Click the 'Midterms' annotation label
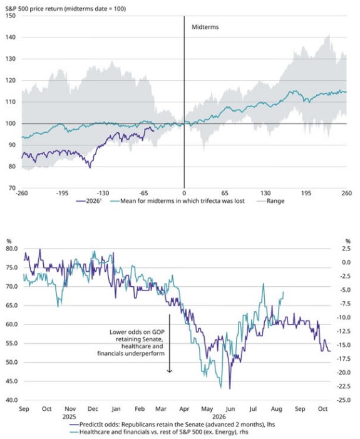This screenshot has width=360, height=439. tap(205, 27)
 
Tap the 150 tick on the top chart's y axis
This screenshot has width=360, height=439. tap(11, 16)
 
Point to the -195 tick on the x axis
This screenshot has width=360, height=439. tap(62, 193)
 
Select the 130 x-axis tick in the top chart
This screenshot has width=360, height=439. tap(265, 193)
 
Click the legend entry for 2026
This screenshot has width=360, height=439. tap(88, 201)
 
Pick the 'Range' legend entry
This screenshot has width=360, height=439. tap(270, 201)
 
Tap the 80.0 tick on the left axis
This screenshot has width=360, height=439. tap(11, 249)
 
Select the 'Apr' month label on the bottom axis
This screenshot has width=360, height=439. tap(184, 409)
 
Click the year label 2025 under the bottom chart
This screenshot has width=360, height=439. tap(69, 417)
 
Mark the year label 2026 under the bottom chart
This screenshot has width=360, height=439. tap(219, 417)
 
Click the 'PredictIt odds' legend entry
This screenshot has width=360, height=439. tap(172, 425)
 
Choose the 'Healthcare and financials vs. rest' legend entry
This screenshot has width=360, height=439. tap(158, 432)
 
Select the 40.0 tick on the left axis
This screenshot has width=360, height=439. tap(11, 400)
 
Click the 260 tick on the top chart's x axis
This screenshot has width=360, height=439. tap(347, 193)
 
